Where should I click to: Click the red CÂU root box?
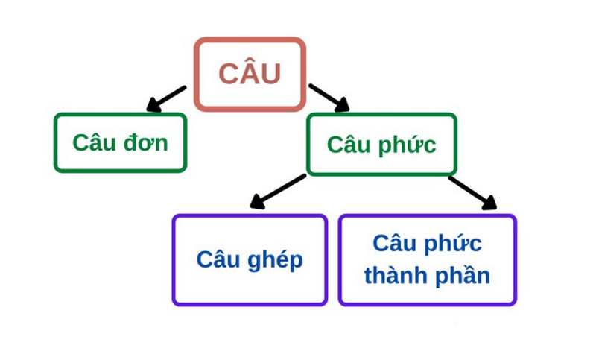[x=250, y=74]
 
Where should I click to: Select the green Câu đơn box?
[x=120, y=142]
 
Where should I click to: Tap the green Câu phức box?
[x=381, y=144]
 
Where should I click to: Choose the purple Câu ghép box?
[x=250, y=259]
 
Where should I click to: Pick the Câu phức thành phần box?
[x=427, y=259]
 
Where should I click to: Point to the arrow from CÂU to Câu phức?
[x=329, y=98]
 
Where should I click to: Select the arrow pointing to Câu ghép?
[x=276, y=191]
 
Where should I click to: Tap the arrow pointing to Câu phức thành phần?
[x=472, y=192]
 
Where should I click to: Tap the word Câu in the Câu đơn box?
[x=94, y=142]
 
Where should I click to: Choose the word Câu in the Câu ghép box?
[x=217, y=259]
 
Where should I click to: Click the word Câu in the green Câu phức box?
[x=349, y=144]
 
